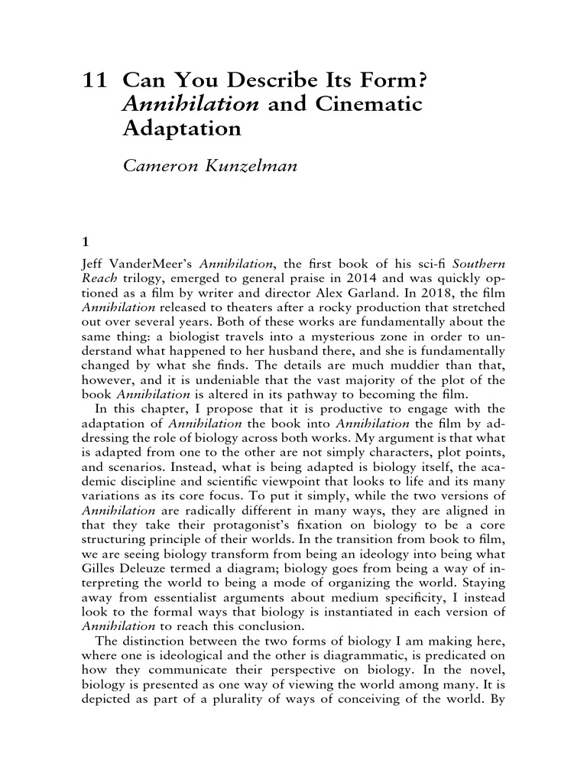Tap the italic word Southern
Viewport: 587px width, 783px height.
pyautogui.click(x=478, y=265)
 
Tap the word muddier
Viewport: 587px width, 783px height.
pyautogui.click(x=416, y=356)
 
